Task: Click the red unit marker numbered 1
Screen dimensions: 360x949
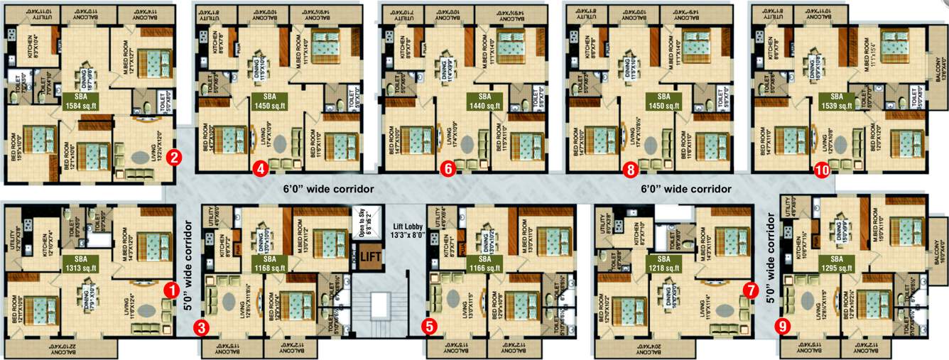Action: click(x=170, y=290)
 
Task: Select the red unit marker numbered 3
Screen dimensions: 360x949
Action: click(x=202, y=327)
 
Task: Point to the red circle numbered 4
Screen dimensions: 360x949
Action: click(x=261, y=169)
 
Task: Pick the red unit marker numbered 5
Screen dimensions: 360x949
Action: click(x=429, y=327)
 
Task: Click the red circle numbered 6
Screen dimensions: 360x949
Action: click(x=447, y=169)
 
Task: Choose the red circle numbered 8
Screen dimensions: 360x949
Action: click(x=629, y=169)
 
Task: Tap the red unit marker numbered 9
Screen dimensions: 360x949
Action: click(x=783, y=327)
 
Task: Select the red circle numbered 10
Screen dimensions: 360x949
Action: click(x=822, y=170)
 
